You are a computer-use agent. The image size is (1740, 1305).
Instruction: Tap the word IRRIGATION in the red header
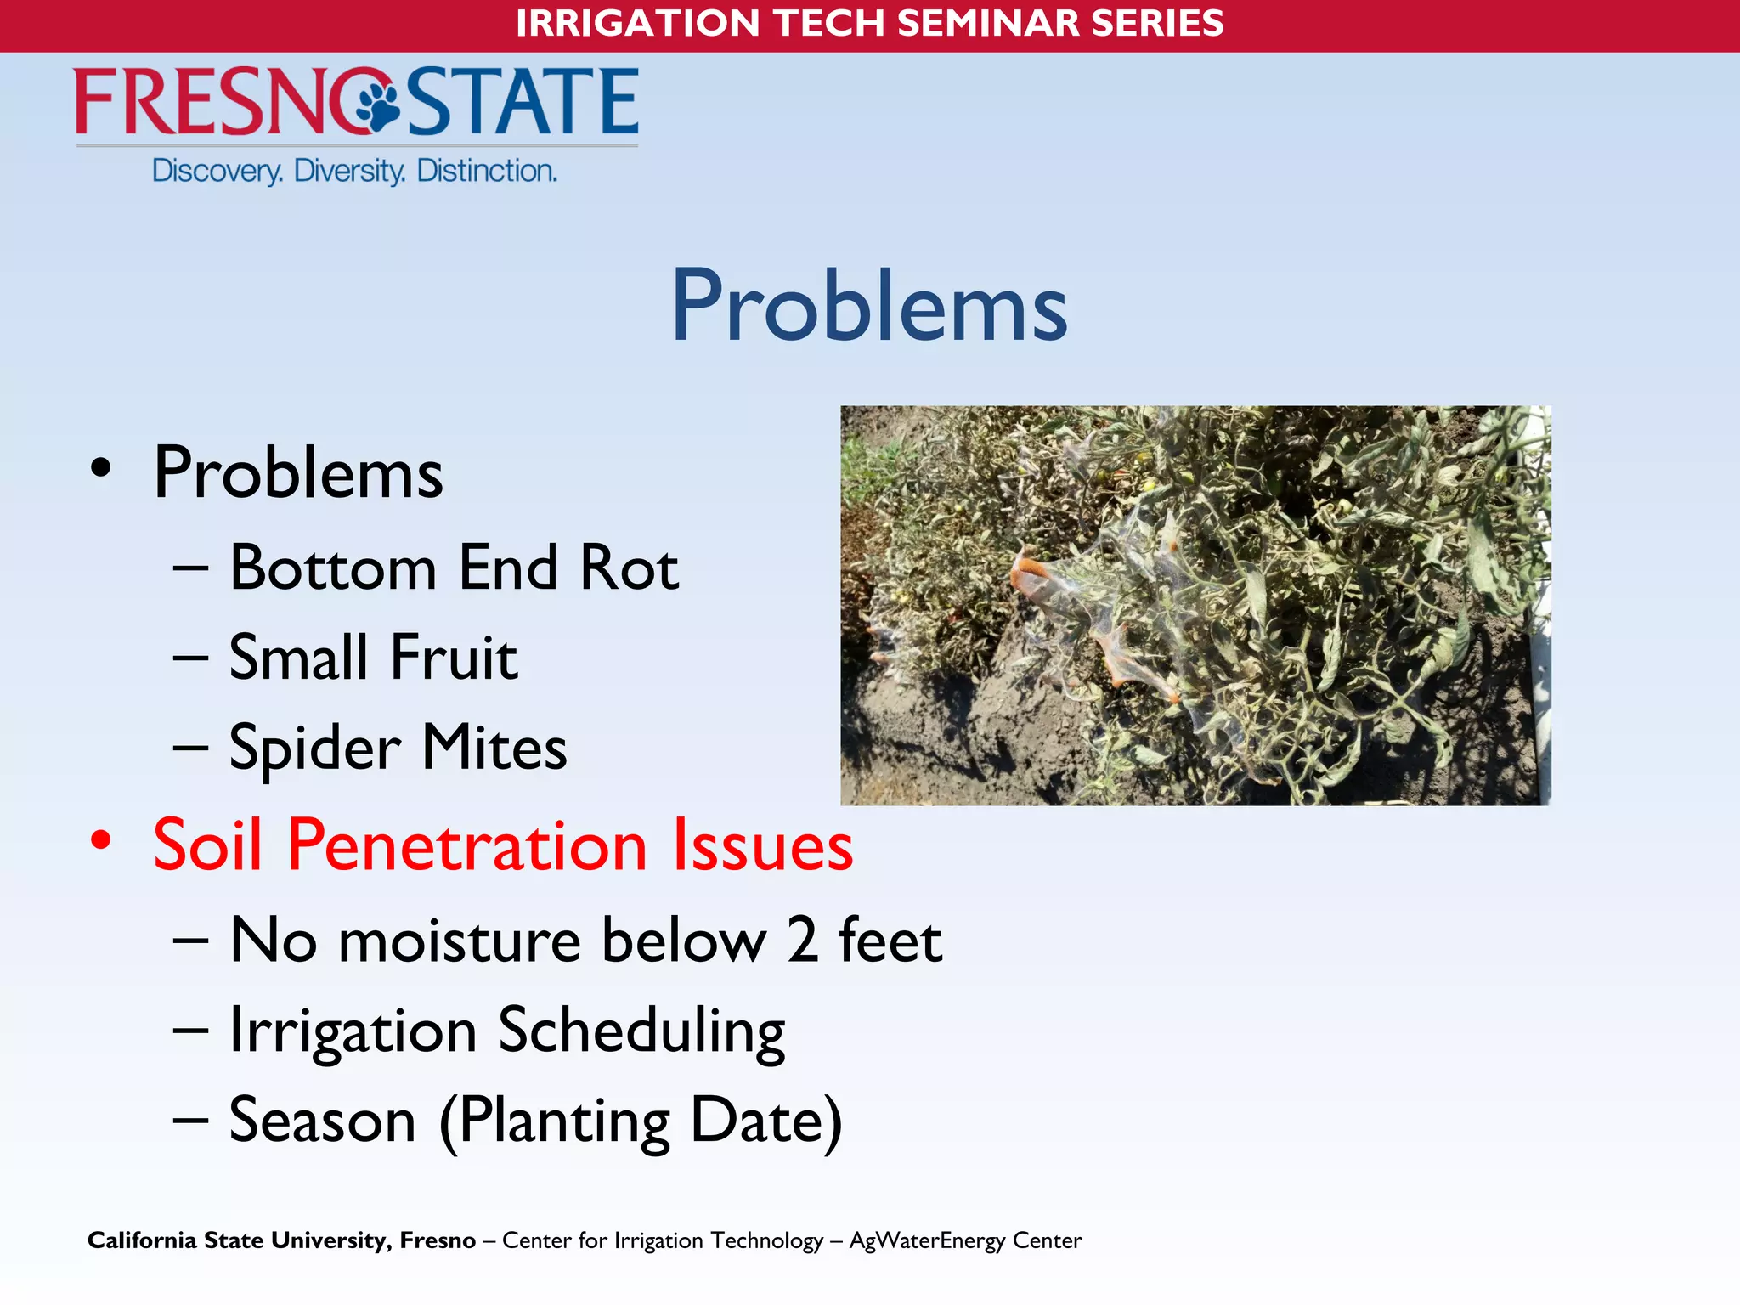(x=637, y=23)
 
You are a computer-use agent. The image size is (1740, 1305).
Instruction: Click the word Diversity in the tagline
(x=349, y=171)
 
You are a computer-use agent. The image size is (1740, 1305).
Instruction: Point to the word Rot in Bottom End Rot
(x=629, y=568)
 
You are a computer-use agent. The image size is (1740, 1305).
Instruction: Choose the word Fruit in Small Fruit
(x=454, y=658)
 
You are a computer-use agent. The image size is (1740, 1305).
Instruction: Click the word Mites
(x=494, y=748)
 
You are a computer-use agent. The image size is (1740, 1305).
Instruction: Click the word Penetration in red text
(x=467, y=845)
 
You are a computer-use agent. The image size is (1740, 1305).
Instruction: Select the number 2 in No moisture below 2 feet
(x=802, y=941)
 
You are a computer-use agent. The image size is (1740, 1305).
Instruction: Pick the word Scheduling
(x=641, y=1031)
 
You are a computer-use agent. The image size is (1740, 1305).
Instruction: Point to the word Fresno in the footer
(x=438, y=1240)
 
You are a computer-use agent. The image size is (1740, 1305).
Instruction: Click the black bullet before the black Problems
(x=101, y=468)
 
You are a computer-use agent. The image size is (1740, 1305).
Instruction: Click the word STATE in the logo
(x=523, y=102)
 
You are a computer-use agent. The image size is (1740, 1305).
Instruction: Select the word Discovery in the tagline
(x=217, y=172)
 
